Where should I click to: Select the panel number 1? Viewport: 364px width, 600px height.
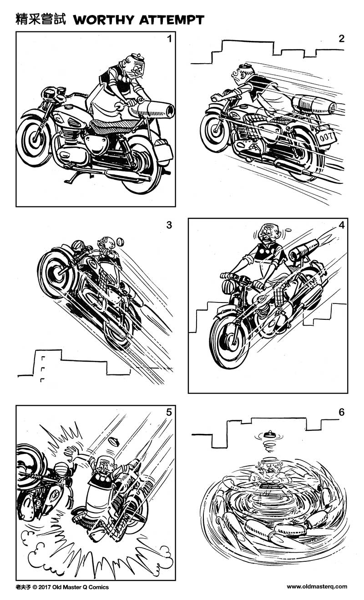tap(169, 39)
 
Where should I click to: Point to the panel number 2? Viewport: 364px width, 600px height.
tap(341, 39)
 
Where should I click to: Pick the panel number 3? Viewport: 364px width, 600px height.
tap(169, 225)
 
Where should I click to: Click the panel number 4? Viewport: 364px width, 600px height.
tap(341, 225)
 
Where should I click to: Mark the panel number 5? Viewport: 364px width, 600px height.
tap(169, 413)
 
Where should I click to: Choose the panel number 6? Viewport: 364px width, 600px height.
tap(341, 413)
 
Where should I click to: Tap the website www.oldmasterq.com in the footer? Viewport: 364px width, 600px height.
tap(317, 587)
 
